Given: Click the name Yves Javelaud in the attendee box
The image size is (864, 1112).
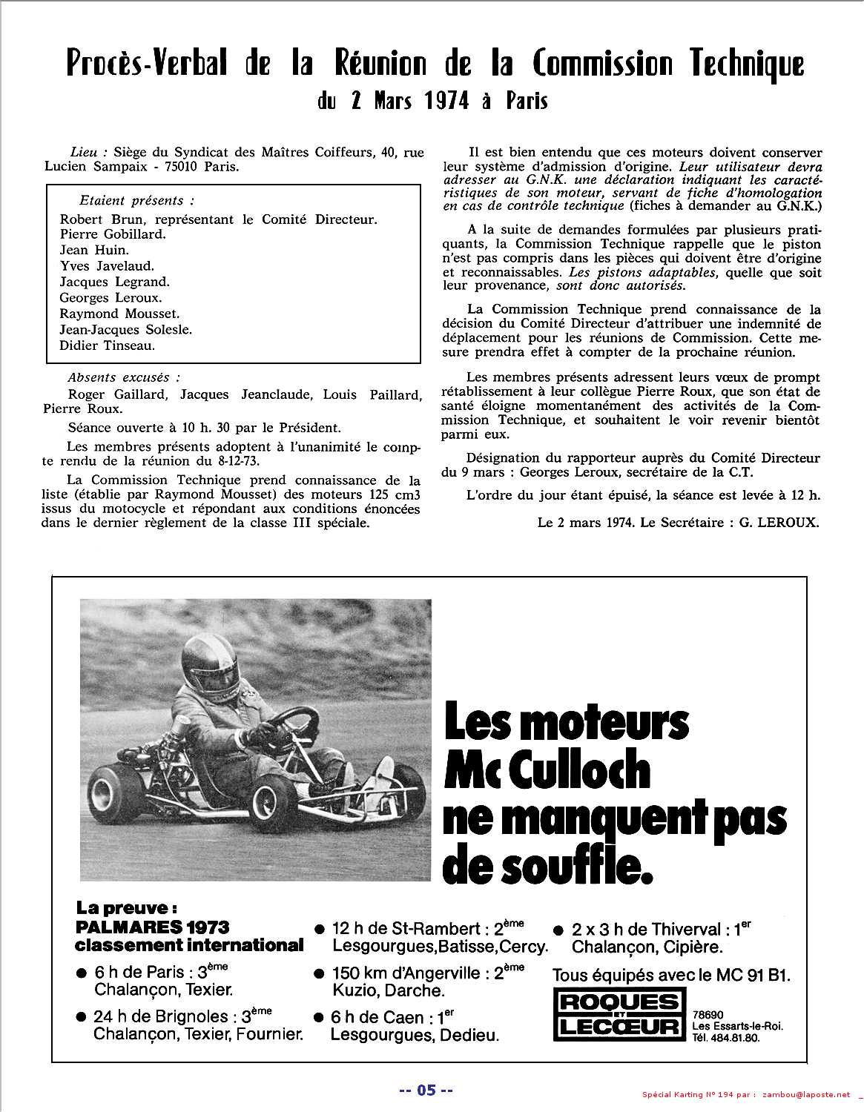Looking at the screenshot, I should click(107, 266).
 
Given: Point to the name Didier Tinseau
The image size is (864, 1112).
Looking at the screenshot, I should click(108, 345).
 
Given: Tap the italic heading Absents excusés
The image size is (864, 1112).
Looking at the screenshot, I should click(124, 378).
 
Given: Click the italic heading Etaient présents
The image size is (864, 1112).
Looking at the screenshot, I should click(136, 201).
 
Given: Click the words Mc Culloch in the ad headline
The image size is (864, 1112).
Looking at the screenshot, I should click(547, 771).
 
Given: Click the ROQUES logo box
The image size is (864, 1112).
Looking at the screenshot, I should click(619, 1002).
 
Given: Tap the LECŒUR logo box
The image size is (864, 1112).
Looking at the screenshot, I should click(619, 1027).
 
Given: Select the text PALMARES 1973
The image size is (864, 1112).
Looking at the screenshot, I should click(152, 927).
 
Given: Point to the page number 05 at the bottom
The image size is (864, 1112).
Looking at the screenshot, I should click(426, 1090).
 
